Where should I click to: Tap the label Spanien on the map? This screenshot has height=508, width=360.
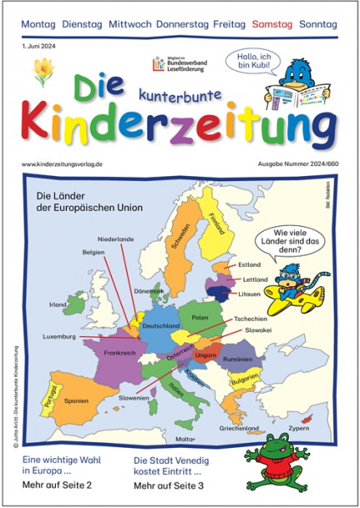(x=77, y=400)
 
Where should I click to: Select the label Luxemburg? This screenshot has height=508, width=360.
(x=59, y=336)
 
